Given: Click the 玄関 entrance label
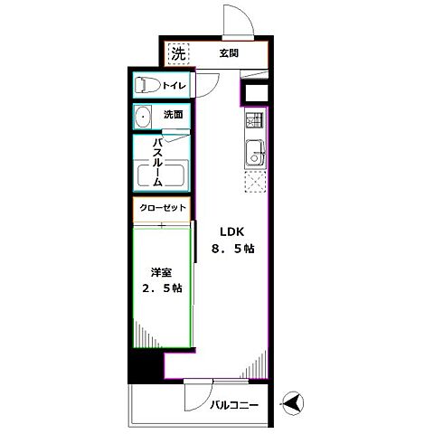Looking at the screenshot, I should coord(228,53).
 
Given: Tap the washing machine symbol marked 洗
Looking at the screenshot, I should coord(178,53).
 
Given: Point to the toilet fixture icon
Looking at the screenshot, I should coord(146,86).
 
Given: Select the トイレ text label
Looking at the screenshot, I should coord(175,86).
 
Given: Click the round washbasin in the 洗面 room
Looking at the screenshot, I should coord(143,117).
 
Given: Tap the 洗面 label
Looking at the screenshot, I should coord(174,116).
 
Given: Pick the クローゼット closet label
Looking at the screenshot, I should coord(163,208).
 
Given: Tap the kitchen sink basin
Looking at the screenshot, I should coord(254,155).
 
